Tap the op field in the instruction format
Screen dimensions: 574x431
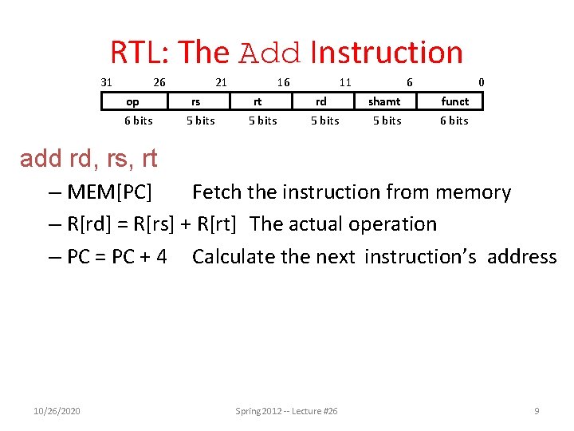tap(133, 101)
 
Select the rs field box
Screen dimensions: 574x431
tap(195, 101)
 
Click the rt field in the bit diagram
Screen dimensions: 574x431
tap(258, 101)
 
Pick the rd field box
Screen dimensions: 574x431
tap(320, 101)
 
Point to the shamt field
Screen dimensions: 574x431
tap(384, 101)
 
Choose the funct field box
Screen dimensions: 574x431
tap(455, 101)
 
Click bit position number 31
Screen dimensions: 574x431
tap(106, 81)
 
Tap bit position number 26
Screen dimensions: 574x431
tap(159, 81)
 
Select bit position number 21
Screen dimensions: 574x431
tap(222, 81)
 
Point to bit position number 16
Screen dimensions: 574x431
tap(283, 81)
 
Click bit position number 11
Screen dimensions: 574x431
tap(345, 81)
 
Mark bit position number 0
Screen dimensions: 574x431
tap(481, 81)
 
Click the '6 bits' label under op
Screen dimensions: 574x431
tap(138, 121)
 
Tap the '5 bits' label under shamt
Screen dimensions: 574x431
tap(387, 121)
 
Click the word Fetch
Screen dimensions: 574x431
tap(218, 192)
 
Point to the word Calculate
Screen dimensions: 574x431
tap(234, 256)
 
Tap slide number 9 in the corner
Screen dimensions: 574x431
tap(537, 411)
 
